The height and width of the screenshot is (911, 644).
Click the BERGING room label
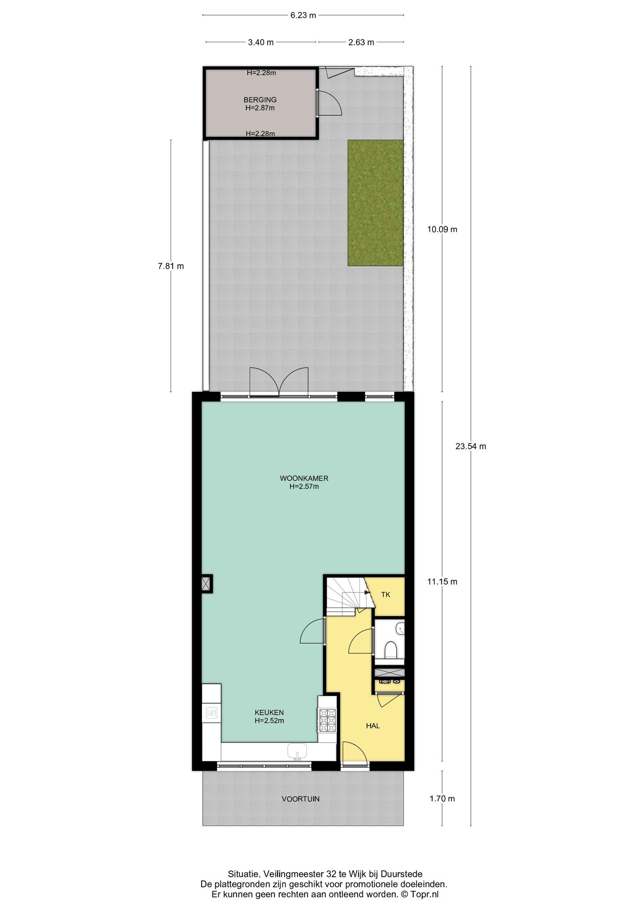(260, 100)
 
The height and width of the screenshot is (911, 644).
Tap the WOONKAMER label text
(304, 479)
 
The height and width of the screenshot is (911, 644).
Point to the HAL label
(373, 726)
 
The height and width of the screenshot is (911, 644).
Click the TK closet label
(386, 595)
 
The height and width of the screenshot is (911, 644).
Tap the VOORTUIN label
(301, 799)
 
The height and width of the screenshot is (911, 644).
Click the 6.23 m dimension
(303, 15)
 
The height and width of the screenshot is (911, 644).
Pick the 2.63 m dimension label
(361, 42)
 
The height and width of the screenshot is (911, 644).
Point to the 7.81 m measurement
(171, 266)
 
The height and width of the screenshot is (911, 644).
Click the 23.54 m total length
(471, 446)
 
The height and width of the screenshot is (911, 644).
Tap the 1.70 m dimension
(442, 799)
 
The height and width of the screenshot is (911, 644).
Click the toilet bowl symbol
(390, 650)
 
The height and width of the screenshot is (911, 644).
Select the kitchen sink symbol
(297, 751)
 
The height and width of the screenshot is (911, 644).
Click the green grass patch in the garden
(376, 203)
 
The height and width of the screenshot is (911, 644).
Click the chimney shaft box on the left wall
(206, 584)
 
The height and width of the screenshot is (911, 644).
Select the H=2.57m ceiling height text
(304, 487)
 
